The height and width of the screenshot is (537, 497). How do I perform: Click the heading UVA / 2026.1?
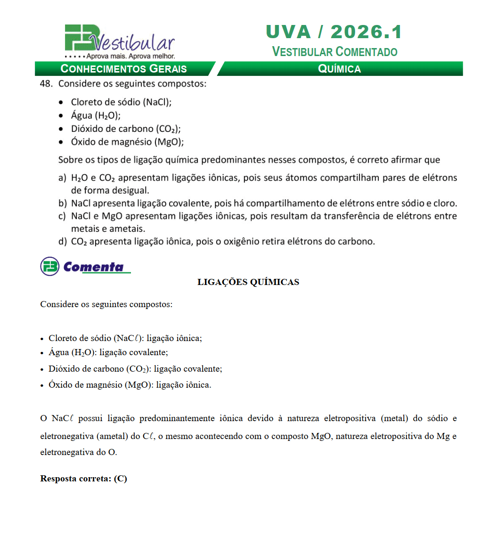[334, 32]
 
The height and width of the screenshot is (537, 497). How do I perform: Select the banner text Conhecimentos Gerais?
[124, 69]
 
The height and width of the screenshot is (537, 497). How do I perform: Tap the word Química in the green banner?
[339, 69]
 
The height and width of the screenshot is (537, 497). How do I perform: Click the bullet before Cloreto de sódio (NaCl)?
[62, 102]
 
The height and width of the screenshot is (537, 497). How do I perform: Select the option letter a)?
[62, 178]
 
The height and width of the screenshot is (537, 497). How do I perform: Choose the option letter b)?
[62, 204]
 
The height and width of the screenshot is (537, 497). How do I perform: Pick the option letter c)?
[62, 217]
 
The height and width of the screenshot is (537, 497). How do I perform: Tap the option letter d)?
[62, 242]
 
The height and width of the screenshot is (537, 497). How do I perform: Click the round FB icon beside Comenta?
[49, 267]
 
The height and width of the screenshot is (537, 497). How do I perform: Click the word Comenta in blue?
[93, 267]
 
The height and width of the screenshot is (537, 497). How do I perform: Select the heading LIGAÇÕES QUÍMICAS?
[248, 282]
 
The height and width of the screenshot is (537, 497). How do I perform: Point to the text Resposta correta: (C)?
[83, 479]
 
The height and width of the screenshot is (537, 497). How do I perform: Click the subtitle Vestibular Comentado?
[334, 51]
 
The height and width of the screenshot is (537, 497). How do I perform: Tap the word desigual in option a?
[131, 191]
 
